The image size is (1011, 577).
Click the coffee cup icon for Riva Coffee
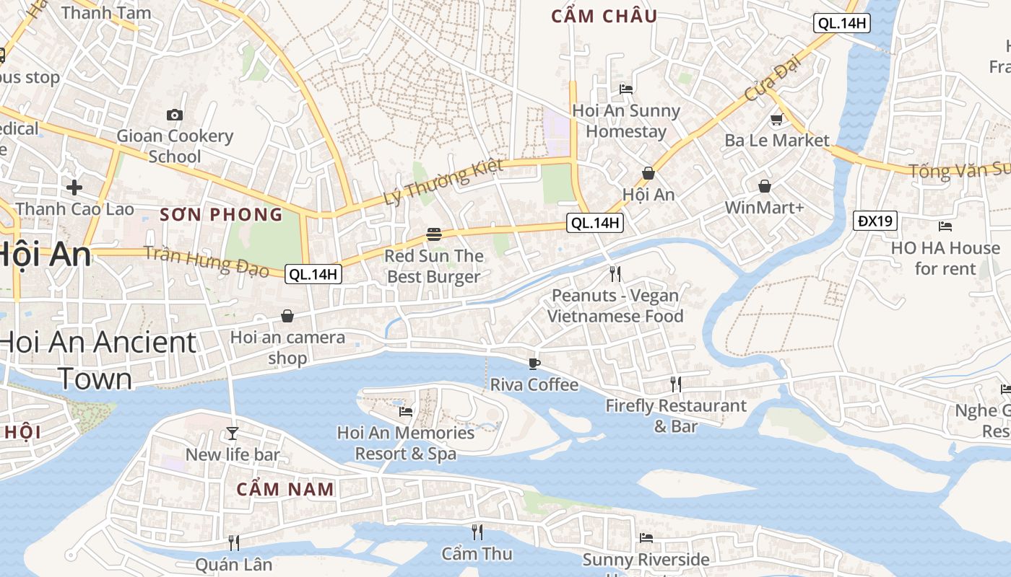point(534,363)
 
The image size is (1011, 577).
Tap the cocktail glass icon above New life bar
point(233,433)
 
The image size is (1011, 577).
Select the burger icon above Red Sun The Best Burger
point(434,234)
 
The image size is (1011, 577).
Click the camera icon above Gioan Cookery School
point(175,115)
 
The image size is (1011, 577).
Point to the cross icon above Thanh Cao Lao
point(74,188)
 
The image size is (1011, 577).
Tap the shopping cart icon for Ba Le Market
point(777,119)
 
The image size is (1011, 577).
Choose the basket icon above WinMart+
point(765,186)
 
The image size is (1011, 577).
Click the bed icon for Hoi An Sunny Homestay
point(626,89)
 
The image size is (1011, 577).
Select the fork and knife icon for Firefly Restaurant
point(676,384)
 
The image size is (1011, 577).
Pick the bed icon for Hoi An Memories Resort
point(406,411)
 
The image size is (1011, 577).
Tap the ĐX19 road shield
point(875,221)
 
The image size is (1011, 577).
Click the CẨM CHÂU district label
point(604,17)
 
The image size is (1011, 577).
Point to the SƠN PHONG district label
point(221,214)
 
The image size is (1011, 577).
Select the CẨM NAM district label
point(285,489)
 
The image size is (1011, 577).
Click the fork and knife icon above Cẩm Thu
point(477,532)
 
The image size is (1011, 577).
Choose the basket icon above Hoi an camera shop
point(287,316)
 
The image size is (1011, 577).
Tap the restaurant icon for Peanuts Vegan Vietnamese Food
point(615,273)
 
